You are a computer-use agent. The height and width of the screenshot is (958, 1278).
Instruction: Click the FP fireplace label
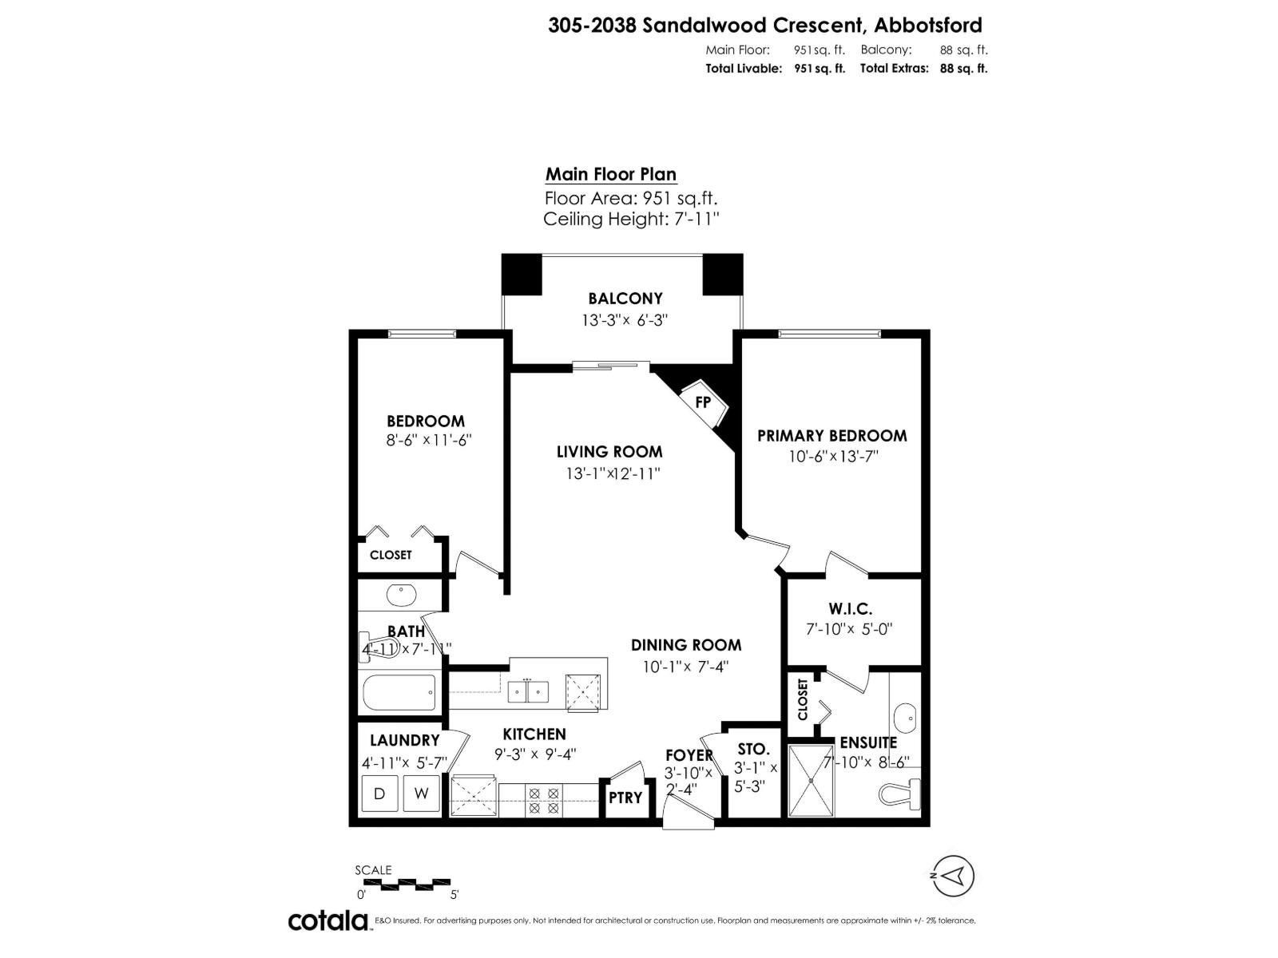click(703, 402)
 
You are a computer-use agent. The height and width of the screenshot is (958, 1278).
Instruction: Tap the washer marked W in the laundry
click(421, 794)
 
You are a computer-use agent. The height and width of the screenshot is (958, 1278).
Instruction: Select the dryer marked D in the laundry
click(379, 794)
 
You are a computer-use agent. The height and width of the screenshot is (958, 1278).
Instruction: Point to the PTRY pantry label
click(625, 798)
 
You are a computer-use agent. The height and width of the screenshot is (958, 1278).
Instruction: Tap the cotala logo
click(327, 920)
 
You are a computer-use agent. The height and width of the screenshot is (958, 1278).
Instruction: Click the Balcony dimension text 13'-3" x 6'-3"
click(625, 320)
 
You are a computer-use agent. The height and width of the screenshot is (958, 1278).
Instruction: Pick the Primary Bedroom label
click(831, 436)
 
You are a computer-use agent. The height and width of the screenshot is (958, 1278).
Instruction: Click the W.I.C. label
click(850, 609)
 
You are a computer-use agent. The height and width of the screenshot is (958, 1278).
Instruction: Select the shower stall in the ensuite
click(811, 781)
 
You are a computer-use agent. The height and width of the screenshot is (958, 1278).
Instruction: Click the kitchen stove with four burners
click(544, 800)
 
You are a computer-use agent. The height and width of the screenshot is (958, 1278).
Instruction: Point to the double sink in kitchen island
click(528, 692)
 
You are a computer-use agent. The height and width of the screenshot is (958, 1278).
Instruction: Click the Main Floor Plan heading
click(611, 174)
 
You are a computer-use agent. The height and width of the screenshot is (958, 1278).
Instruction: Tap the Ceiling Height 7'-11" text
click(631, 219)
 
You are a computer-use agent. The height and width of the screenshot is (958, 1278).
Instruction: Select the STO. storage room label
click(753, 750)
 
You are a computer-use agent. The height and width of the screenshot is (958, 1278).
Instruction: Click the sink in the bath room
click(400, 596)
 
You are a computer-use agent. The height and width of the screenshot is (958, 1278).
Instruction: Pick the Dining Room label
click(686, 645)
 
